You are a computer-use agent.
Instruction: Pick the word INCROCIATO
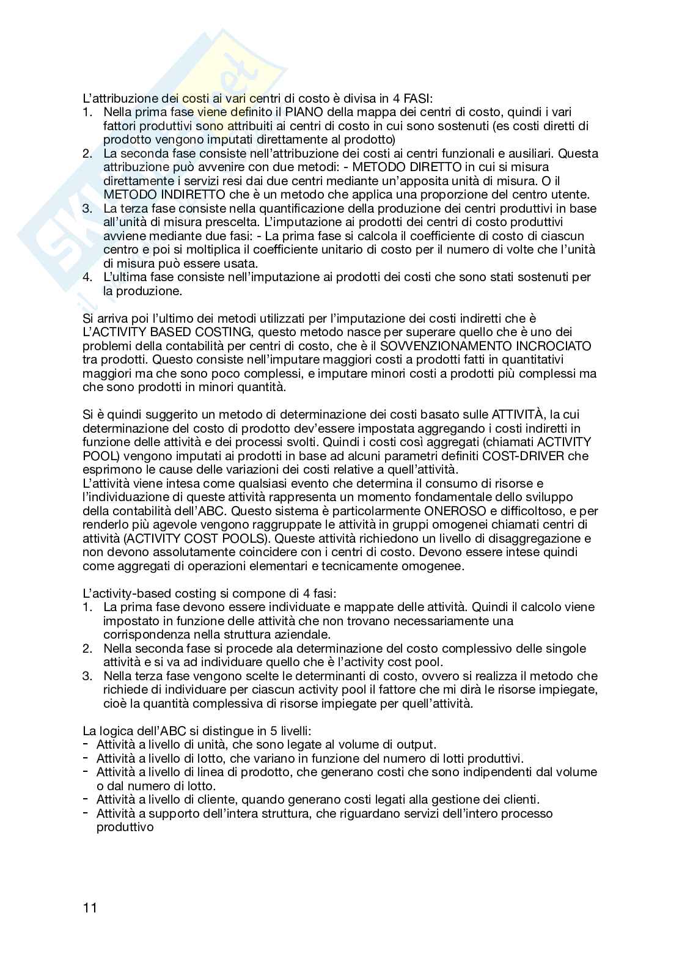pos(557,345)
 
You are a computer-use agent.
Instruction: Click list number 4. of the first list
pos(87,277)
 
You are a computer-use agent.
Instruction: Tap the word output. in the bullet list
pos(416,744)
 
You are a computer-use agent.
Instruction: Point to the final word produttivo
pos(125,827)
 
